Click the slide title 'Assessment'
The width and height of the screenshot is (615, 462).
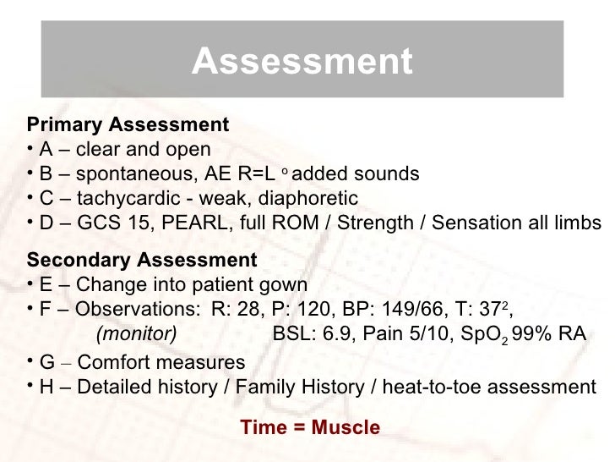302,61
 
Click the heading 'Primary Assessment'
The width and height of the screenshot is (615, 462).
128,125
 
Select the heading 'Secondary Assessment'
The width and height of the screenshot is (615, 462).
141,258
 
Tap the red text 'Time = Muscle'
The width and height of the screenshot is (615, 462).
310,428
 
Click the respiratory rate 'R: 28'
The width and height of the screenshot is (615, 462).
239,308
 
